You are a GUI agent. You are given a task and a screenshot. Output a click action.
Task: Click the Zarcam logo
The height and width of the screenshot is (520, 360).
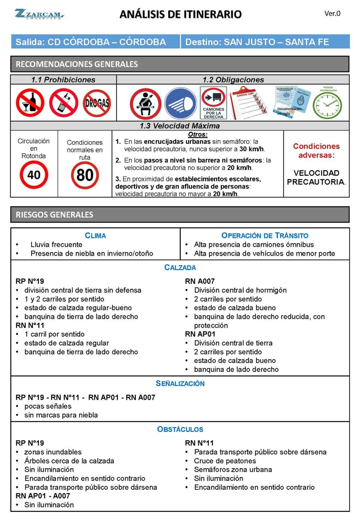point(39,14)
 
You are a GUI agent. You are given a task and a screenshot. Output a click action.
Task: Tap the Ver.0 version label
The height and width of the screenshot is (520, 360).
point(332,14)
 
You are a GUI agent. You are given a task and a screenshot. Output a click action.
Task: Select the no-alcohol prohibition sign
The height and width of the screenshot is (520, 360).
point(30,103)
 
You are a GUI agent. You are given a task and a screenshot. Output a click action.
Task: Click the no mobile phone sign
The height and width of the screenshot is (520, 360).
point(64,103)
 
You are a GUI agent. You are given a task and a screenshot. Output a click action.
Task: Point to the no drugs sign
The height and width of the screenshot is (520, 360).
point(97,103)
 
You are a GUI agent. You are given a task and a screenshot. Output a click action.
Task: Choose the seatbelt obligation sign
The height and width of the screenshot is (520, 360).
point(145,104)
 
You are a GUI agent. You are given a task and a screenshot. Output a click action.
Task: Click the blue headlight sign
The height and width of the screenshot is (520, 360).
point(180,104)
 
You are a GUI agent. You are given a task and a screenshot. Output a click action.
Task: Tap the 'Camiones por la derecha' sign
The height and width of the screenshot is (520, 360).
point(213,103)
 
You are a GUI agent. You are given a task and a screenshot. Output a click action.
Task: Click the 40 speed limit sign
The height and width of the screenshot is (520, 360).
point(34,175)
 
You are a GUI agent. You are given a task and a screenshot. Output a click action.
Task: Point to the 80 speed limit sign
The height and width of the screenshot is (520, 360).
point(85,175)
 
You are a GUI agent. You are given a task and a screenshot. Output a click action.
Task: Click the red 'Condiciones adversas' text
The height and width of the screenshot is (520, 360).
point(316,151)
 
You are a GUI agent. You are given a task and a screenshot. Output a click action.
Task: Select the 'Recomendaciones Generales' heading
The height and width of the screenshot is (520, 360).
point(77,64)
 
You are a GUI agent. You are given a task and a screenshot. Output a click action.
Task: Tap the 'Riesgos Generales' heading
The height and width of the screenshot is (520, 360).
point(54,215)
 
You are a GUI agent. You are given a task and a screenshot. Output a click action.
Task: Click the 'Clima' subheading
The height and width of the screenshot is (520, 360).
point(95,236)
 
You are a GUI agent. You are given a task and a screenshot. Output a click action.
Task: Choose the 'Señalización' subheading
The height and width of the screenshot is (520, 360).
point(180,383)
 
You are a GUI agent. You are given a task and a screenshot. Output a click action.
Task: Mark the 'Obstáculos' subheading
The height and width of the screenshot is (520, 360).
point(180,429)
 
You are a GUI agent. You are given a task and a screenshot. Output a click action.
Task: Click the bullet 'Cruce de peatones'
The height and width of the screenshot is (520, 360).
point(225,461)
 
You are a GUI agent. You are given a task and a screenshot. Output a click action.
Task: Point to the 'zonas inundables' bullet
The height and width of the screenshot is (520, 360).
point(53,452)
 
